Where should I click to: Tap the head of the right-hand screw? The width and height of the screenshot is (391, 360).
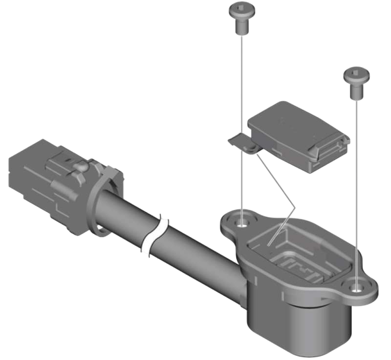(356, 75)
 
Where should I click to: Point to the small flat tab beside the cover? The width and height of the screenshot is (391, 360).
(239, 141)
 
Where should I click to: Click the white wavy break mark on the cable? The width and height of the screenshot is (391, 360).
(155, 236)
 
